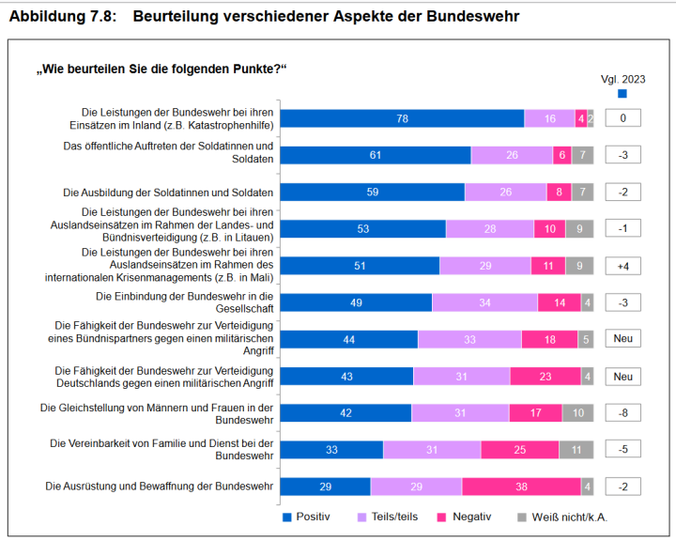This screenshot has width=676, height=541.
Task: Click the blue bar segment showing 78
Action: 402,118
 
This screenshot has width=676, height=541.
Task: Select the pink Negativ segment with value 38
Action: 521,487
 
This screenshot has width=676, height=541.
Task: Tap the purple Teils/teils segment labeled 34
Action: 484,302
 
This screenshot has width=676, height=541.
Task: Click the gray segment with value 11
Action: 576,450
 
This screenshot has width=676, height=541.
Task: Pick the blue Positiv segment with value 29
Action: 325,487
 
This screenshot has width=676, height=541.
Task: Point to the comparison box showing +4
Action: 622,266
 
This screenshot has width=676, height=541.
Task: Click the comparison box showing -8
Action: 622,413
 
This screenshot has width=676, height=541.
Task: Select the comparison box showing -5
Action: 622,450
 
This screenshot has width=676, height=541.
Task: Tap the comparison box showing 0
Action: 622,118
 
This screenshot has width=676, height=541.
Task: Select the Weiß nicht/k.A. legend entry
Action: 570,517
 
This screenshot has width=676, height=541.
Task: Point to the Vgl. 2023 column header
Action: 622,80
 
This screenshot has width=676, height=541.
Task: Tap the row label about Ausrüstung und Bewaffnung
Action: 160,487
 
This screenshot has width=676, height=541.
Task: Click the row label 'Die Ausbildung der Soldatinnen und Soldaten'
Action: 168,193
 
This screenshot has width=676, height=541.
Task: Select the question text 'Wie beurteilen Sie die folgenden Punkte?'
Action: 161,70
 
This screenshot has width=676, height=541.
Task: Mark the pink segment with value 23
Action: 545,377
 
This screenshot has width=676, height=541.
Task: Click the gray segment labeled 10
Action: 577,413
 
